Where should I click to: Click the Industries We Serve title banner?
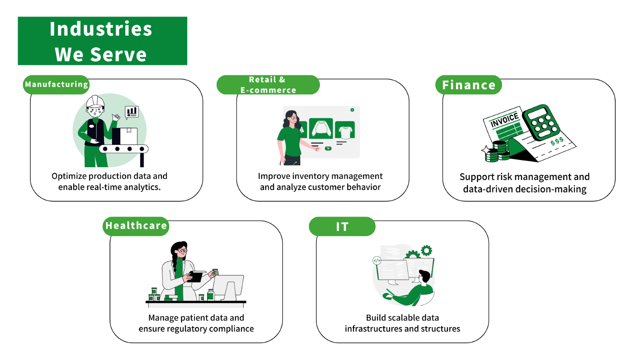click(x=102, y=41)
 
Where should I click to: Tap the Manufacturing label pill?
click(x=56, y=84)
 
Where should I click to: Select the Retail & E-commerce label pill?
click(x=268, y=84)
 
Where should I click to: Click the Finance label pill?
click(x=468, y=84)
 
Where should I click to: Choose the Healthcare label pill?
click(x=136, y=226)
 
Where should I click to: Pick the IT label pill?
click(x=342, y=226)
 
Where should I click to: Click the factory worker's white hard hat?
click(x=95, y=102)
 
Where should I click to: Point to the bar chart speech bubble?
click(x=132, y=112)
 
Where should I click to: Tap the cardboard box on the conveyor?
click(x=125, y=136)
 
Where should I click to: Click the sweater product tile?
click(x=321, y=128)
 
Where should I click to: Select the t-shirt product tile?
click(x=345, y=130)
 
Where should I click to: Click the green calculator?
click(x=541, y=122)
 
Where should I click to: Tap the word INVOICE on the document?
click(x=504, y=120)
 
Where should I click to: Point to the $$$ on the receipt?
click(x=557, y=141)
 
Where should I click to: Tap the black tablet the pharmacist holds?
click(x=195, y=276)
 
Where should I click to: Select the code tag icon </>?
click(x=377, y=260)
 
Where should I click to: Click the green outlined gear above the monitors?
click(x=426, y=250)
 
